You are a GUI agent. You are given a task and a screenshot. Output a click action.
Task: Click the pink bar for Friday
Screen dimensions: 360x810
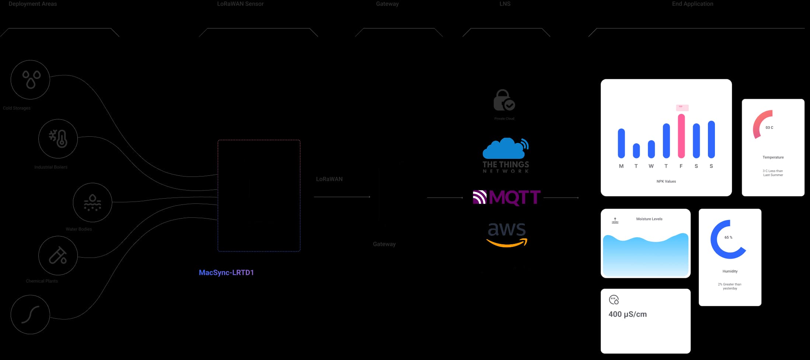coord(681,136)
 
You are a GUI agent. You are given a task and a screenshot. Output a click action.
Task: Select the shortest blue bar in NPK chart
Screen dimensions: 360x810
coord(636,150)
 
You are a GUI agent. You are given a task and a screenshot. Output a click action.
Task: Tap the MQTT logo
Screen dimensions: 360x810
coord(507,198)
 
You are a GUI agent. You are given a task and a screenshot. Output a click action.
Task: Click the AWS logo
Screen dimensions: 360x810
coord(507,234)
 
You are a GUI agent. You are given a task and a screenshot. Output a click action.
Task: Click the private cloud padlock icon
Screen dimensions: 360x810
coord(504,100)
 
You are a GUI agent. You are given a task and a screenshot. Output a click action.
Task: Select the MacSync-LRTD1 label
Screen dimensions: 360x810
coord(226,273)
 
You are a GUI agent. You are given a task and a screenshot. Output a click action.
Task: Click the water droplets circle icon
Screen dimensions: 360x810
coord(31,80)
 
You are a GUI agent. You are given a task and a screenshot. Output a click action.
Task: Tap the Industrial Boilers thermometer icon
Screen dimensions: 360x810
coord(58,139)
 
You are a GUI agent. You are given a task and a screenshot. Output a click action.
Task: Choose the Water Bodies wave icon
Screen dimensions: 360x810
coord(92,203)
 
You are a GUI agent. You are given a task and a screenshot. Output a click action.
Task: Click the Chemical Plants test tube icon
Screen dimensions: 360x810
coord(58,255)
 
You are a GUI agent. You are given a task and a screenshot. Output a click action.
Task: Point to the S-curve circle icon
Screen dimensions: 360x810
coord(30,315)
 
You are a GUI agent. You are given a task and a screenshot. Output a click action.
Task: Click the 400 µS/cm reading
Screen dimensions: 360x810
coord(627,314)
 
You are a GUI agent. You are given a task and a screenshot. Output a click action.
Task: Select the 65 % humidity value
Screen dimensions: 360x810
coord(728,238)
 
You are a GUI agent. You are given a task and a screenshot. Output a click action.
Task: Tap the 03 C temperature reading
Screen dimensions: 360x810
coord(769,128)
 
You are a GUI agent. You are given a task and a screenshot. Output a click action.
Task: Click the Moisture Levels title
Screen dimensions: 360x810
coord(649,219)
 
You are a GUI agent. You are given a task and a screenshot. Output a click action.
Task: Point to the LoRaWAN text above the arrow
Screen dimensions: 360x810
coord(329,179)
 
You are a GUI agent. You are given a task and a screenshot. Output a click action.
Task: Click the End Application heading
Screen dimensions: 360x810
coord(692,4)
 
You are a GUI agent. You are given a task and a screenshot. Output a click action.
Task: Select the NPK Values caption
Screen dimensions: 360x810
coord(666,181)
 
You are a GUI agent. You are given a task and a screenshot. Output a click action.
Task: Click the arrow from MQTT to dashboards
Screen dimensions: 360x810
coord(561,198)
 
